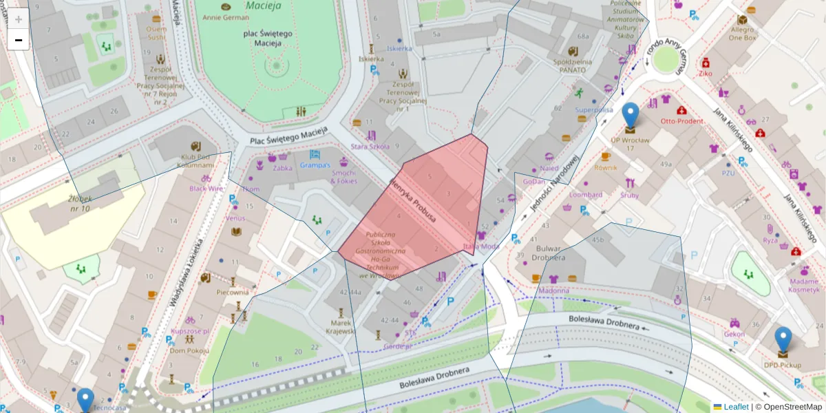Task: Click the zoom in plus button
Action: tap(19, 19)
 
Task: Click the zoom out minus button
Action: tap(19, 40)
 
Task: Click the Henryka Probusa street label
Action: tap(413, 204)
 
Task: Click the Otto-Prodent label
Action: tap(681, 121)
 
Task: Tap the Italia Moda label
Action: tap(481, 246)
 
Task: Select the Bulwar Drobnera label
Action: tap(540, 252)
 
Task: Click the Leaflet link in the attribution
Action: tap(736, 407)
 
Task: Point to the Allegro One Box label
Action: tap(742, 34)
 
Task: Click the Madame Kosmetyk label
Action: tap(804, 285)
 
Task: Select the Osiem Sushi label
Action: tap(156, 33)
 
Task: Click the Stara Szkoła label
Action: tap(370, 146)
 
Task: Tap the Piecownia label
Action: tap(232, 293)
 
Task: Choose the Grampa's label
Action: tap(315, 165)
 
